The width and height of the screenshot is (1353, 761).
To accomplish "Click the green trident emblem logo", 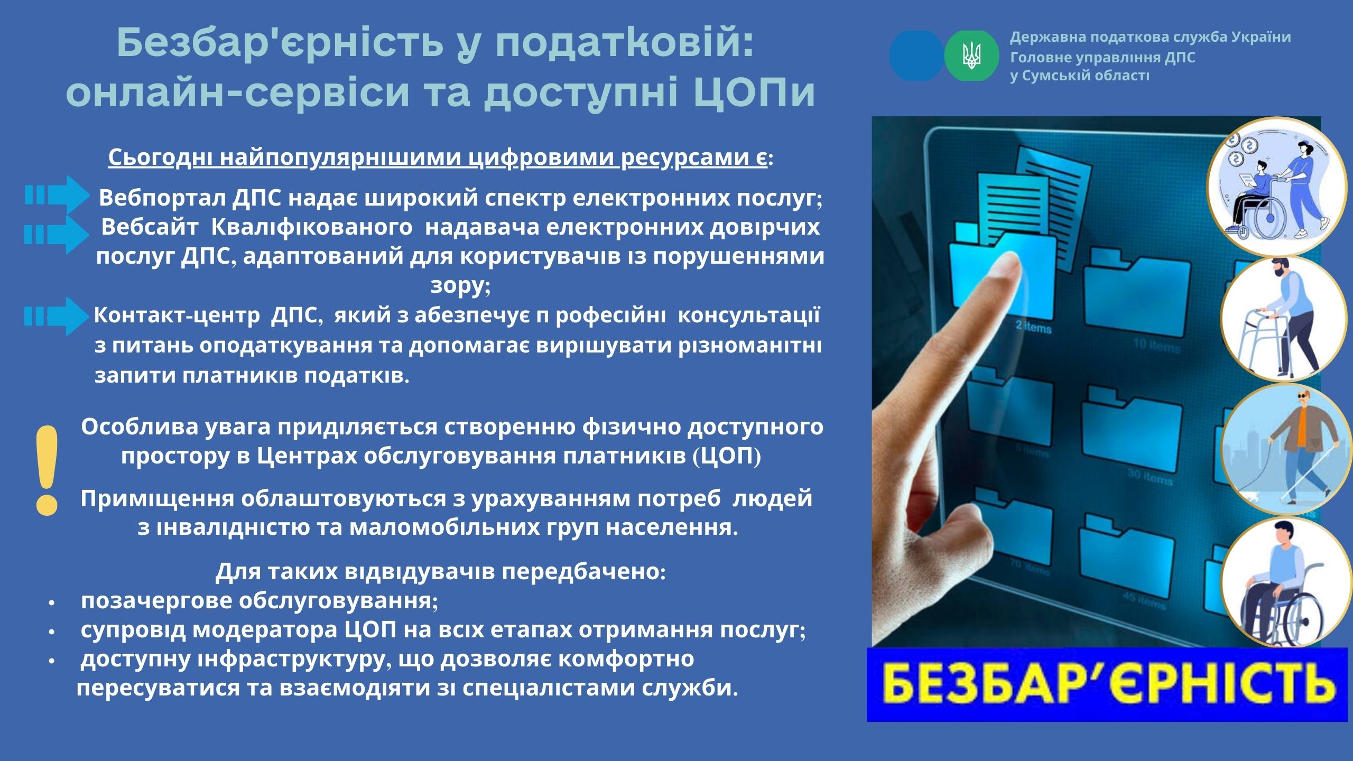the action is (x=971, y=55).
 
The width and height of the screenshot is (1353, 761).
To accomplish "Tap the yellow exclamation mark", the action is (x=47, y=470).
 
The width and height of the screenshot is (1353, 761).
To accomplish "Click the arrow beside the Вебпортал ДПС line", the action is (x=58, y=195).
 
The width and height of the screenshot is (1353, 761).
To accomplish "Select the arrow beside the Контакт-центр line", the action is (x=58, y=316).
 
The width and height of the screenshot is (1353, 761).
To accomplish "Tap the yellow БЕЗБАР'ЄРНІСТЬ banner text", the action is (x=1107, y=685).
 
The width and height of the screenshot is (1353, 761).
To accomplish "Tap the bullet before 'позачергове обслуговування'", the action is (x=51, y=602).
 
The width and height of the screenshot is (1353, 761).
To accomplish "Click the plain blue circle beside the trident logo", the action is (x=916, y=55).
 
